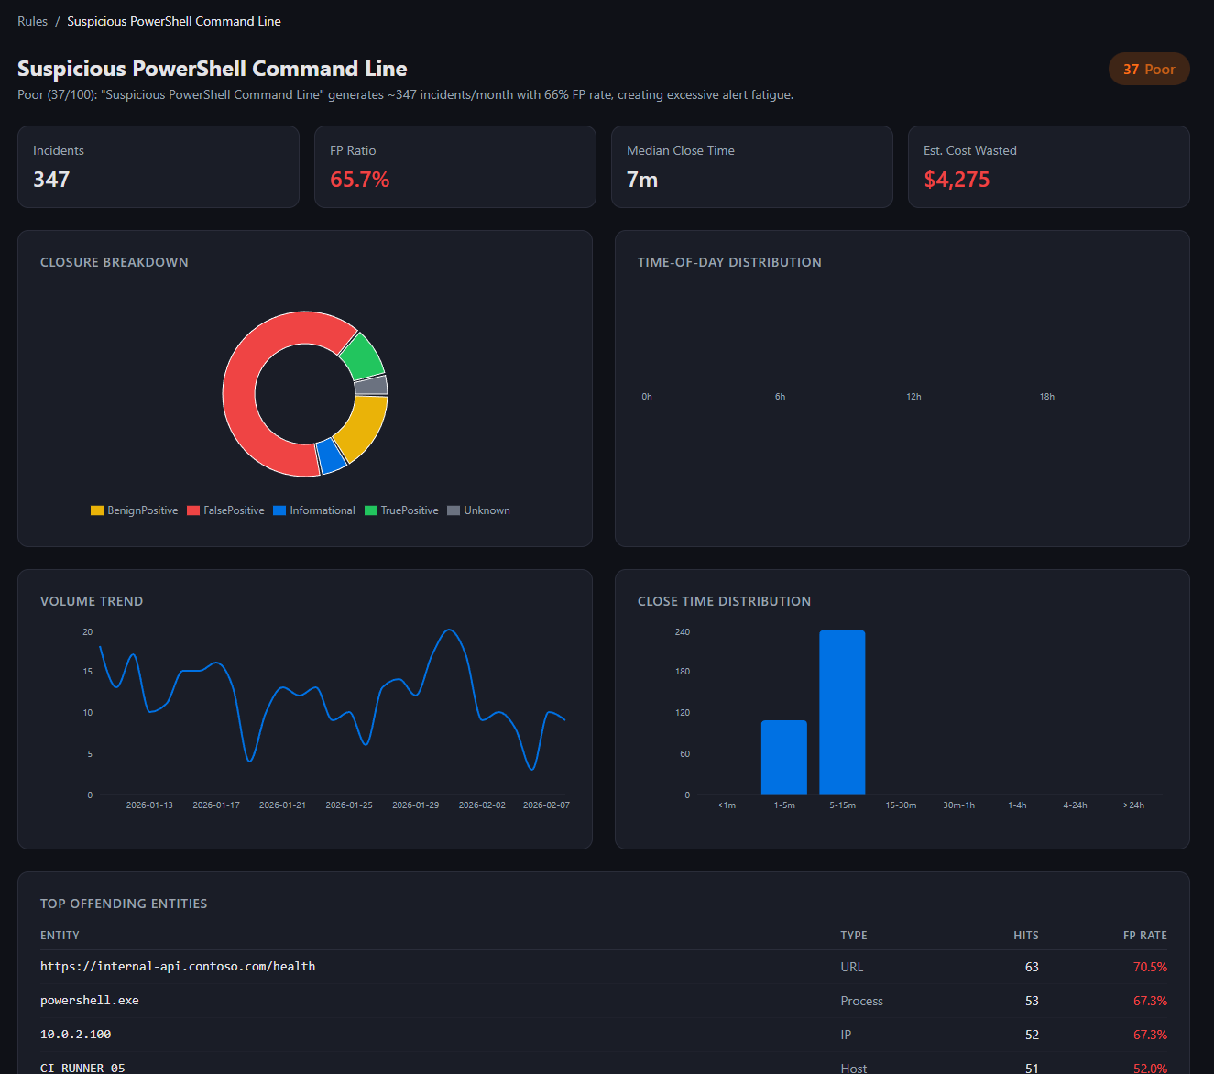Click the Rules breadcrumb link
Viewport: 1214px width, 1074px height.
[32, 21]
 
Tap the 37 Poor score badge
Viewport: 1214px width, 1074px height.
[1149, 69]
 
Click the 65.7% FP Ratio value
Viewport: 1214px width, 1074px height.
[359, 180]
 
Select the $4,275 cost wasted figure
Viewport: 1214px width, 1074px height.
[957, 180]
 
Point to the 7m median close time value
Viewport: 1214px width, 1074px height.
[642, 180]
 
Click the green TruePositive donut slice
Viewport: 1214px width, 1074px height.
[363, 355]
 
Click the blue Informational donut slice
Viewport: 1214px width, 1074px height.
[332, 455]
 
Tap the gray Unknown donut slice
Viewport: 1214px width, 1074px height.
[371, 385]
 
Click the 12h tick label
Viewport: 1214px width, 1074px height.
[913, 397]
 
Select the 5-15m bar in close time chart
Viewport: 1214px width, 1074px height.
[842, 712]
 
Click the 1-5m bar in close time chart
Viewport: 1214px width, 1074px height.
[784, 757]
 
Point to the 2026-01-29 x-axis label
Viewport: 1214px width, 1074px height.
[415, 805]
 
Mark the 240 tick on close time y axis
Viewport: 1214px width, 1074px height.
[683, 632]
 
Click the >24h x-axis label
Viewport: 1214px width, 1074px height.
[1133, 805]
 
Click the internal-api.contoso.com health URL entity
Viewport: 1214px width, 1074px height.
[178, 967]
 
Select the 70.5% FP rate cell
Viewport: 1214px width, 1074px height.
[1150, 967]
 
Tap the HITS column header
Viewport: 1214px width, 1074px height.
[1025, 936]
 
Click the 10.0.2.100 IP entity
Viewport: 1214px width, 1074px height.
[75, 1035]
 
